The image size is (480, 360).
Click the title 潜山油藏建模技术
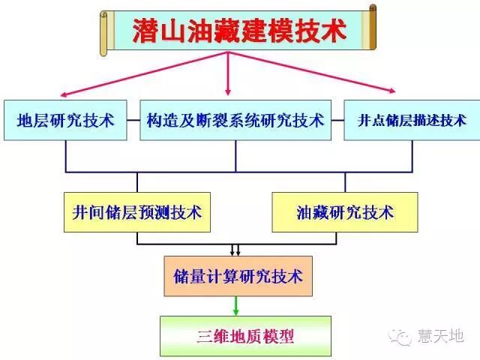pos(239,31)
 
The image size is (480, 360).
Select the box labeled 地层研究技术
pos(66,119)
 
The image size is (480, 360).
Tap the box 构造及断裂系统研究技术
pos(235,119)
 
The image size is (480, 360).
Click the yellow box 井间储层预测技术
pos(137,212)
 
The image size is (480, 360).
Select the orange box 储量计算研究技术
pos(238,276)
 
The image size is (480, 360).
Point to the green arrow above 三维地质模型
pos(236,304)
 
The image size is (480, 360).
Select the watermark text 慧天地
pos(442,336)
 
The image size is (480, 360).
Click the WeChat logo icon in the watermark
pos(404,336)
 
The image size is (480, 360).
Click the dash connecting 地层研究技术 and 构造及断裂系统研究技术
pos(133,119)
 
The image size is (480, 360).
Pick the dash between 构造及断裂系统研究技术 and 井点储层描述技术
pos(337,119)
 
